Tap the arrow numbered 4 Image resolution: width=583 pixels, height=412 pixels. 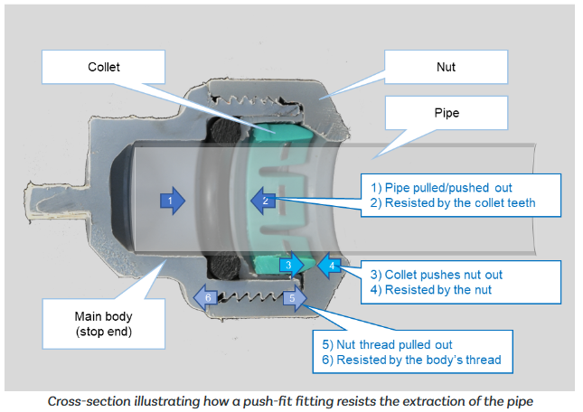(332, 265)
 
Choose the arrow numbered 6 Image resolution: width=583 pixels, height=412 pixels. (207, 297)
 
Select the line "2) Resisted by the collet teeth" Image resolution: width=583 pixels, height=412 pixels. (460, 203)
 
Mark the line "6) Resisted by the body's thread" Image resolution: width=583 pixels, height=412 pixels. (411, 360)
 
